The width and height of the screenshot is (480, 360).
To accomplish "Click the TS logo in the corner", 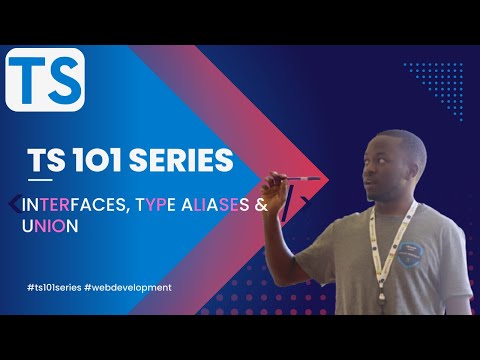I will tap(45, 80).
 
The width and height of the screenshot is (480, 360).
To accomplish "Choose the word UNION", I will tap(47, 226).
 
